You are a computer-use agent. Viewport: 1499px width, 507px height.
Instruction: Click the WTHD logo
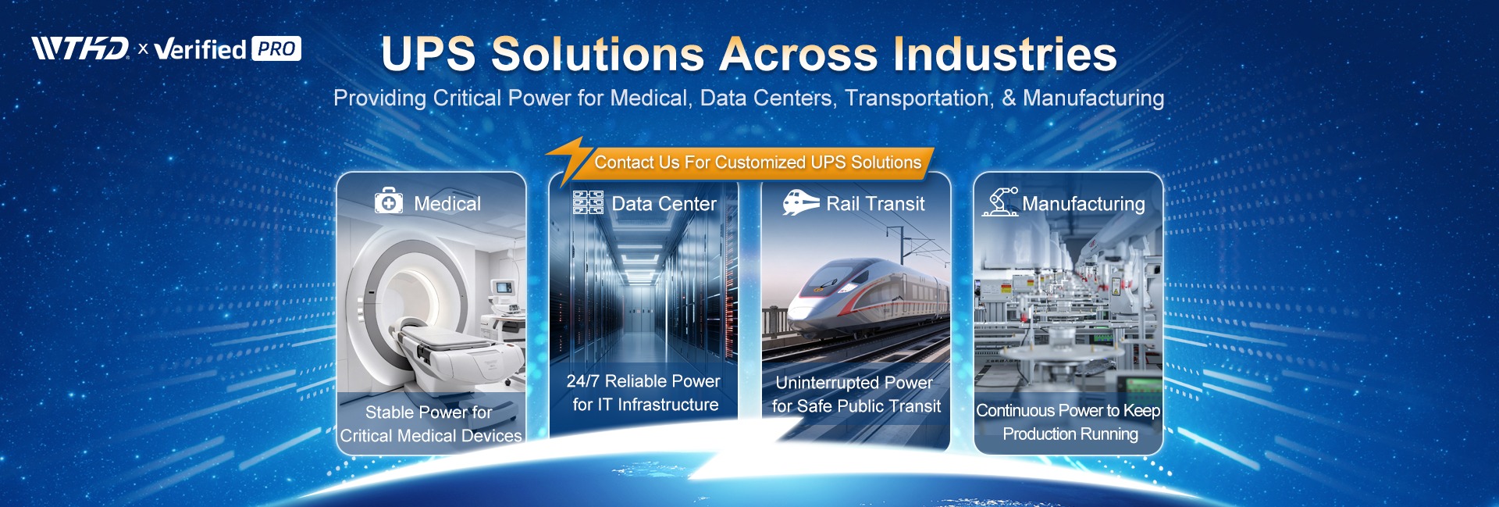click(80, 48)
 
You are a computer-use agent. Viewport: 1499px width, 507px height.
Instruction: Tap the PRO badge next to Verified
click(276, 49)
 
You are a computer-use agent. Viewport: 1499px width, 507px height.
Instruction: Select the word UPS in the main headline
click(428, 54)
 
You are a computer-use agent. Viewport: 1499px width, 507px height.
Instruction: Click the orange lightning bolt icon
click(568, 160)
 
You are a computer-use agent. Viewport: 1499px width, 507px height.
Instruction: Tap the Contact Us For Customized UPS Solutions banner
click(757, 162)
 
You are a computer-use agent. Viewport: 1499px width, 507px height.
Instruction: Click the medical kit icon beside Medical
click(389, 201)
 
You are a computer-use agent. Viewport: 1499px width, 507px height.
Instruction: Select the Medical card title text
click(447, 204)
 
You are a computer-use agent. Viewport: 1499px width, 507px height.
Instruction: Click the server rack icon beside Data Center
click(588, 202)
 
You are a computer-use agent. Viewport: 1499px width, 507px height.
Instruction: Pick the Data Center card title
click(664, 204)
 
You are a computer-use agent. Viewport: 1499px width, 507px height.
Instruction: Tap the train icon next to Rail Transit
click(801, 202)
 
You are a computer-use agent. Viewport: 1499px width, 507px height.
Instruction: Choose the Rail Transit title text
click(875, 204)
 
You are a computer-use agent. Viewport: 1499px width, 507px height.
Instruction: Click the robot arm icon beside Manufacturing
click(1000, 202)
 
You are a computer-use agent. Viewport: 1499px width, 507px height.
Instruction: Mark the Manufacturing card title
click(1084, 204)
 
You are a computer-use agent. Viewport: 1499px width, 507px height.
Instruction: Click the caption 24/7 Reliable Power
click(643, 381)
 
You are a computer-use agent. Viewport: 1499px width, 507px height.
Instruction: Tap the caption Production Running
click(1070, 434)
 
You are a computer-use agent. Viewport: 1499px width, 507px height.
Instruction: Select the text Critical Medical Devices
click(431, 436)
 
